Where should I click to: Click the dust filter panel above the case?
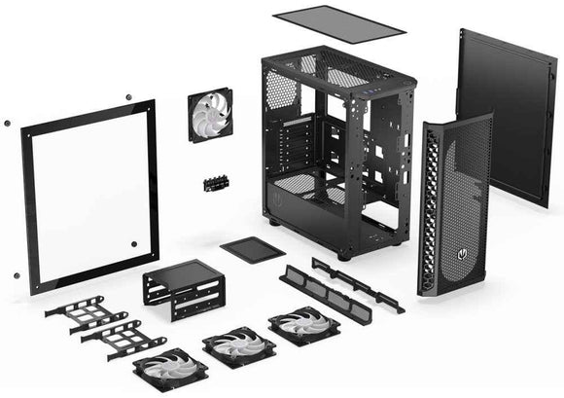[337, 21]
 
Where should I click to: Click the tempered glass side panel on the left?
[88, 195]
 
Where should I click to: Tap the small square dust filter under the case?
[252, 249]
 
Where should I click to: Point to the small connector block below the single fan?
[215, 183]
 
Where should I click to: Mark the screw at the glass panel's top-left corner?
[7, 124]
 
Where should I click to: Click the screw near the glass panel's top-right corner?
[127, 97]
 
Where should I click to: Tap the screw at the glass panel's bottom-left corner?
[16, 275]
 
